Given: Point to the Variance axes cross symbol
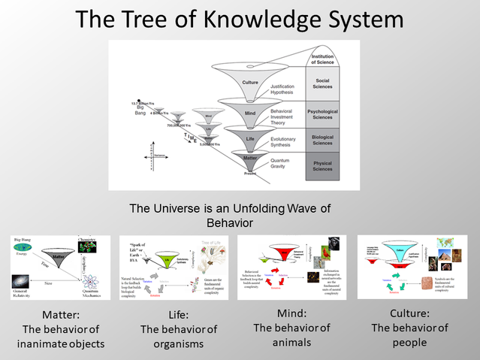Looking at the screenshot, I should (x=153, y=159).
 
